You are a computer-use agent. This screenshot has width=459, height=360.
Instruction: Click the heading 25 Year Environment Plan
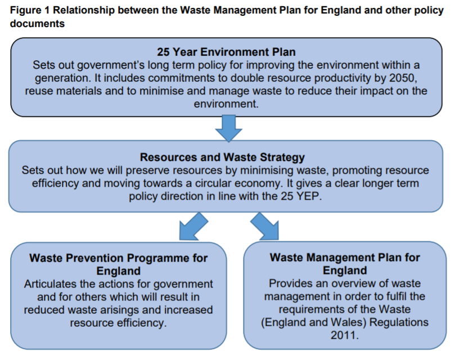226,52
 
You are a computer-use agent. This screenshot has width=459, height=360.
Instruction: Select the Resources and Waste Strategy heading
223,157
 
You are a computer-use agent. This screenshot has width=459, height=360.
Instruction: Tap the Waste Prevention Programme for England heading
119,264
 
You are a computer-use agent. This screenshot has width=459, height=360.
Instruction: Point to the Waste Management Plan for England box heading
345,264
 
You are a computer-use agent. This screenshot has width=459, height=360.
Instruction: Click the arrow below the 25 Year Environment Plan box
228,128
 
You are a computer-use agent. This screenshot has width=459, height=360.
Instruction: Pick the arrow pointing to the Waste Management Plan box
265,227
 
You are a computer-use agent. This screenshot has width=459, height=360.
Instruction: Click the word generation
61,78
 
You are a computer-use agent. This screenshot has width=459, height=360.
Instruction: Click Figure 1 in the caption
30,10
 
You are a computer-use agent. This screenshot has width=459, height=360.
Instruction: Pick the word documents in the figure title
38,24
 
